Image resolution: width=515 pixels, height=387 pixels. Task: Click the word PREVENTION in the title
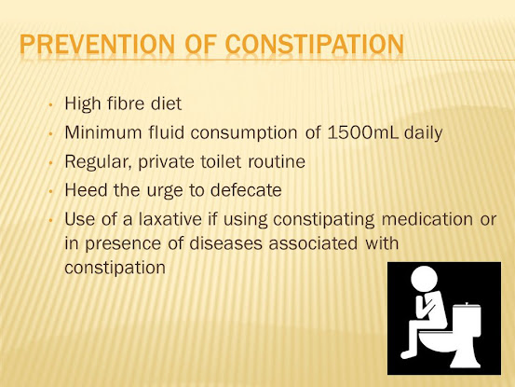coord(97,44)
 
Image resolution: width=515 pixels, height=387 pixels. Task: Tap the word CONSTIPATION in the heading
coord(315,44)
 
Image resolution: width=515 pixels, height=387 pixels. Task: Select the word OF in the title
coord(200,44)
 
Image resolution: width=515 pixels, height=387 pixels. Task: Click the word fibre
coord(126,104)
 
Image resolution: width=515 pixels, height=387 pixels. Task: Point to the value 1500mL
coord(363,132)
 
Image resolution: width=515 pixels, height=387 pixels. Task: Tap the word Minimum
coord(103,132)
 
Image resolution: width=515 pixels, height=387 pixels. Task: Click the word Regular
coord(98,162)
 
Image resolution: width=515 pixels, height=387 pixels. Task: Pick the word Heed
coord(86,190)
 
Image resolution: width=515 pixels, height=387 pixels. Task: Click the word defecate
coord(246,190)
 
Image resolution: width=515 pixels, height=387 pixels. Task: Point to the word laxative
coord(170,219)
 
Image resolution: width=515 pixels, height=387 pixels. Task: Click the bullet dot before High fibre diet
coord(50,104)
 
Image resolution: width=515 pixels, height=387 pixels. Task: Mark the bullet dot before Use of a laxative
coord(50,220)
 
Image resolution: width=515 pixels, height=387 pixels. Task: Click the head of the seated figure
coord(424,279)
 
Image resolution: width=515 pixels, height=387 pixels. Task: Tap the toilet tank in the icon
coord(467,316)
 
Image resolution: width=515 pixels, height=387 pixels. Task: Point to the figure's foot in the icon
coord(406,354)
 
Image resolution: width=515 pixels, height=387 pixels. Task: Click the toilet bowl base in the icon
coord(464,358)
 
